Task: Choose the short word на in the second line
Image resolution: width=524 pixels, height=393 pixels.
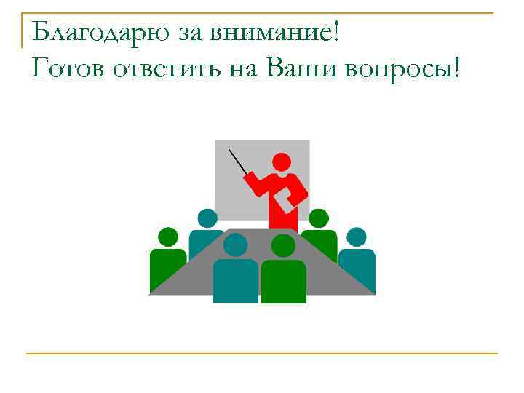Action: click(244, 71)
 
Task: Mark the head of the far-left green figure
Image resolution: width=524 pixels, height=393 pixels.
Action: click(168, 237)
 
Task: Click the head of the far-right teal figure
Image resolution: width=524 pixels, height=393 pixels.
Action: click(357, 237)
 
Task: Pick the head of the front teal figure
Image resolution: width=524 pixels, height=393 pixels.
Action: click(235, 245)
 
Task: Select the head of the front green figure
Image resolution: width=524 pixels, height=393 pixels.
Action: click(282, 246)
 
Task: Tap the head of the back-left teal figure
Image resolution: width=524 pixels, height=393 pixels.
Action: click(207, 218)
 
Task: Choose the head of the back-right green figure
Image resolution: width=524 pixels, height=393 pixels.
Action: click(319, 218)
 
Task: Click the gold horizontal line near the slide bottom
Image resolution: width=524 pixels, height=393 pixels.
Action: click(262, 354)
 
